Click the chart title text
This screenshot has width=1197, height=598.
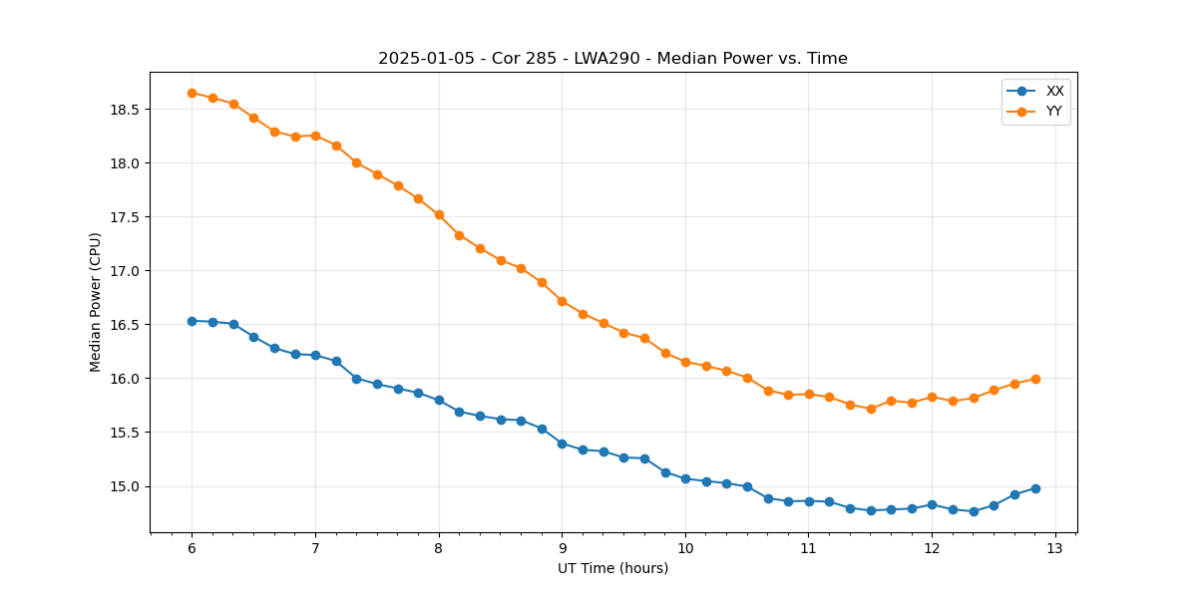(x=612, y=59)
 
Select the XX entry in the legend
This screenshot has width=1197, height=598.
(x=1054, y=91)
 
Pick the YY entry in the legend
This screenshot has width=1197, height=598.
(x=1054, y=112)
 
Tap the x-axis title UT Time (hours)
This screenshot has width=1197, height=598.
(x=612, y=568)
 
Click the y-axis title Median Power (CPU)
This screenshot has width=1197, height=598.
(x=96, y=302)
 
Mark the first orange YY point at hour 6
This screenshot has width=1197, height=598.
(x=192, y=93)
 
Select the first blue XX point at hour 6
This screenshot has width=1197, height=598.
(x=192, y=321)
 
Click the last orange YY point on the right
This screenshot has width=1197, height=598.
(x=1035, y=379)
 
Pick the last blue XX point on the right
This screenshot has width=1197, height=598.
(x=1035, y=488)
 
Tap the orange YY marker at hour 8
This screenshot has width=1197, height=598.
(x=439, y=214)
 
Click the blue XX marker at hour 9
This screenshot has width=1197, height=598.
(x=562, y=444)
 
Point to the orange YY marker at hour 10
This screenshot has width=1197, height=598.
(x=685, y=362)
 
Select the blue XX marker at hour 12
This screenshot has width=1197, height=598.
(x=932, y=504)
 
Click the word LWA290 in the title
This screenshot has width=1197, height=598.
(x=604, y=59)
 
